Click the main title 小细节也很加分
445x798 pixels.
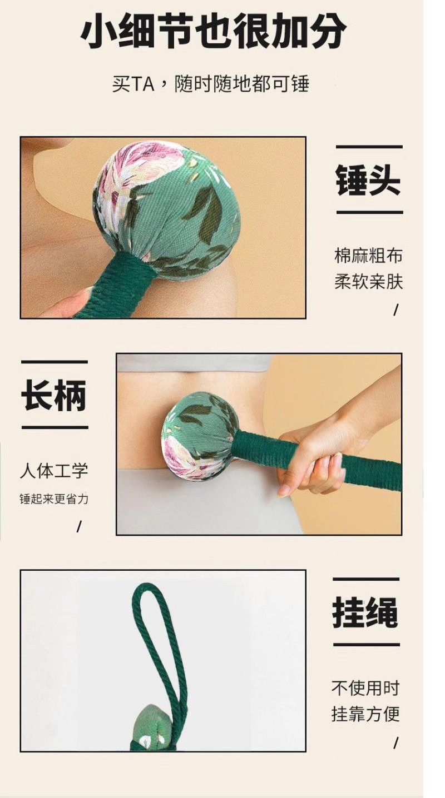[x=213, y=31]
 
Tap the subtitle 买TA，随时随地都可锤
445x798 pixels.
[x=210, y=84]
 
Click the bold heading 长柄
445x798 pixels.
[x=54, y=395]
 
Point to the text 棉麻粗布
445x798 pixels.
[x=369, y=256]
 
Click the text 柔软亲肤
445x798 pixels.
[x=369, y=282]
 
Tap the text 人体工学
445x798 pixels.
[x=54, y=471]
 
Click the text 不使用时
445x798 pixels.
[x=365, y=687]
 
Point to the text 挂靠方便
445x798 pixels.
[x=365, y=714]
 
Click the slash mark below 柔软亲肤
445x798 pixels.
[x=395, y=310]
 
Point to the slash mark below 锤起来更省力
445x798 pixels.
[x=79, y=527]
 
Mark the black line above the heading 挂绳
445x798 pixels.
[x=366, y=579]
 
